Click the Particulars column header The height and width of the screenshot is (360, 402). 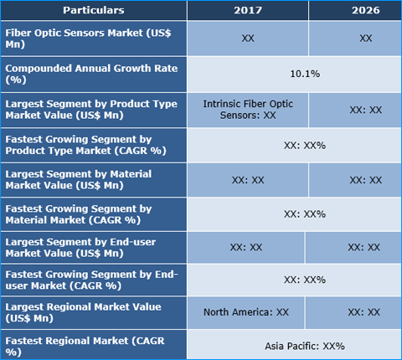point(94,11)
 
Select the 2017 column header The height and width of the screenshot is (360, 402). point(247,11)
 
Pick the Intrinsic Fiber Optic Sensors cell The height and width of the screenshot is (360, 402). point(247,109)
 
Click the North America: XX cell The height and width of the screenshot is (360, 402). point(246,311)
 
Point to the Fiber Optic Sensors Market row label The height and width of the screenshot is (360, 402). point(94,39)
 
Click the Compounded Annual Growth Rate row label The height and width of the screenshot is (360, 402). point(94,74)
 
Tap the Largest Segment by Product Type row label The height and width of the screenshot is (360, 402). point(94,109)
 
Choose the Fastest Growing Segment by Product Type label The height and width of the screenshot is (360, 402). point(94,144)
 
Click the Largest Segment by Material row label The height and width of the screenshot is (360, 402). point(94,179)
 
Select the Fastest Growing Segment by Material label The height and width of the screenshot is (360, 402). point(94,214)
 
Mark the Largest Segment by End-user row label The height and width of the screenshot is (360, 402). point(94,247)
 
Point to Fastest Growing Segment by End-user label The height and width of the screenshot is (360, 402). point(94,280)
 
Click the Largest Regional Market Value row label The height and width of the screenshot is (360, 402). point(94,311)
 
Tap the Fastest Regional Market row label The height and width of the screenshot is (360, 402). point(94,345)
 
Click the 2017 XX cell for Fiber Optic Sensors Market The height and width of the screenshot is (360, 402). point(247,39)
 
